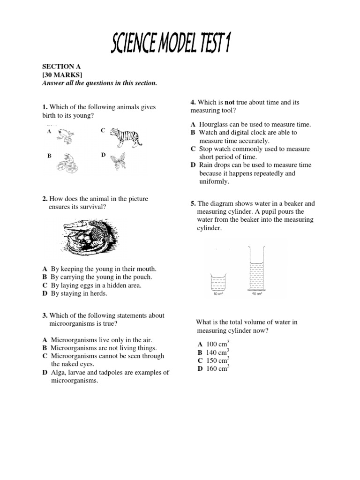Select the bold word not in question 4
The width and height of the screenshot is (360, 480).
[x=230, y=102]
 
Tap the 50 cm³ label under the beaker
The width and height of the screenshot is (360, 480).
[x=218, y=294]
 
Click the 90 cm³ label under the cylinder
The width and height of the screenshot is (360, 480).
[x=256, y=294]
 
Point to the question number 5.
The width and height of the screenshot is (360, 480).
[x=193, y=204]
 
